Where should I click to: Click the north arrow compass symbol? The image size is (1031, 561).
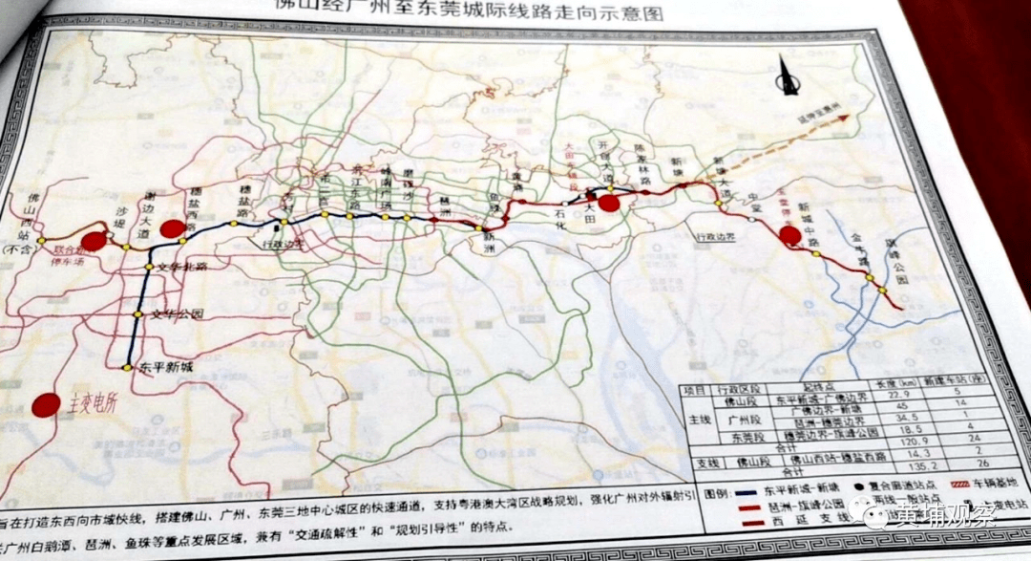[789, 76]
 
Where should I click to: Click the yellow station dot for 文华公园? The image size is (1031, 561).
[137, 314]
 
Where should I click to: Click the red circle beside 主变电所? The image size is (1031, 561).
[45, 405]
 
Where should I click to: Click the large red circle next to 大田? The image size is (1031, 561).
[608, 202]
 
